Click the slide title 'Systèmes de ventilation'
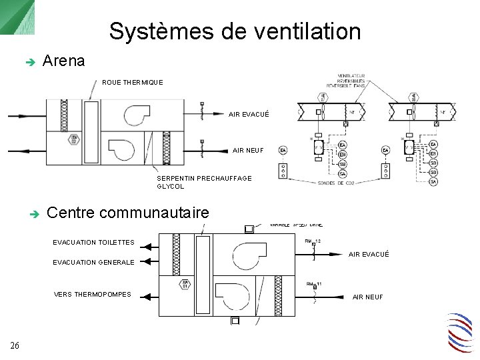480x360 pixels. pyautogui.click(x=235, y=31)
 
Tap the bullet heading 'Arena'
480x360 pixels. pyautogui.click(x=63, y=61)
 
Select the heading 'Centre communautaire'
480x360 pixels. pyautogui.click(x=128, y=213)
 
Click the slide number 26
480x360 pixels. pyautogui.click(x=15, y=345)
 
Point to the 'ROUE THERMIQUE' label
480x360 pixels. pyautogui.click(x=132, y=83)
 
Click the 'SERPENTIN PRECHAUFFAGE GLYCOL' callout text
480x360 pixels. pyautogui.click(x=204, y=182)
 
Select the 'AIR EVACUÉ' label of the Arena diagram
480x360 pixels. pyautogui.click(x=249, y=115)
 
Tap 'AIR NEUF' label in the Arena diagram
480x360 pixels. pyautogui.click(x=249, y=151)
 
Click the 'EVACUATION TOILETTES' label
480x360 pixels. pyautogui.click(x=93, y=243)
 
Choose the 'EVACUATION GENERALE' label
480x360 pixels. pyautogui.click(x=93, y=263)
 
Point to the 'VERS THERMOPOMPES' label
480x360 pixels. pyautogui.click(x=93, y=295)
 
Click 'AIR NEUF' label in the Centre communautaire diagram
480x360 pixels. pyautogui.click(x=368, y=297)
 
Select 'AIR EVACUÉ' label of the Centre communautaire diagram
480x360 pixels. pyautogui.click(x=369, y=255)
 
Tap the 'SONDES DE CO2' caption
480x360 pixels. pyautogui.click(x=336, y=183)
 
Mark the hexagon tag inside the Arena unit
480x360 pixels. pyautogui.click(x=75, y=139)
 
